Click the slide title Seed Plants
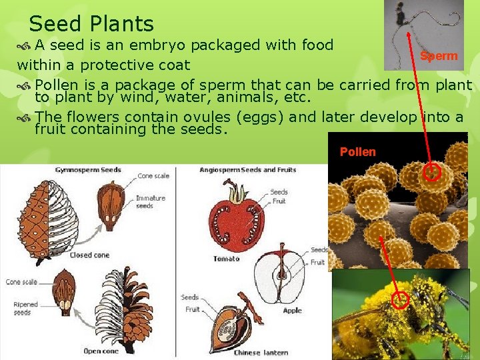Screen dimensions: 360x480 (x=91, y=24)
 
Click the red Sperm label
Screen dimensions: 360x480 (x=439, y=56)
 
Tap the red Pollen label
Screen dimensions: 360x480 (x=357, y=152)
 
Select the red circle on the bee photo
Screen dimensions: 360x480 (x=400, y=300)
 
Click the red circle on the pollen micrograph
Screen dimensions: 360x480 (x=432, y=173)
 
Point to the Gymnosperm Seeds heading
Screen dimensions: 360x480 (x=88, y=170)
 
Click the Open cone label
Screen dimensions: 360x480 (x=101, y=351)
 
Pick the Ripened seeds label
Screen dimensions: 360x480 (x=26, y=308)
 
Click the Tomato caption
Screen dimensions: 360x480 (x=227, y=259)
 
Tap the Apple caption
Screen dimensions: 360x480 (x=292, y=311)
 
